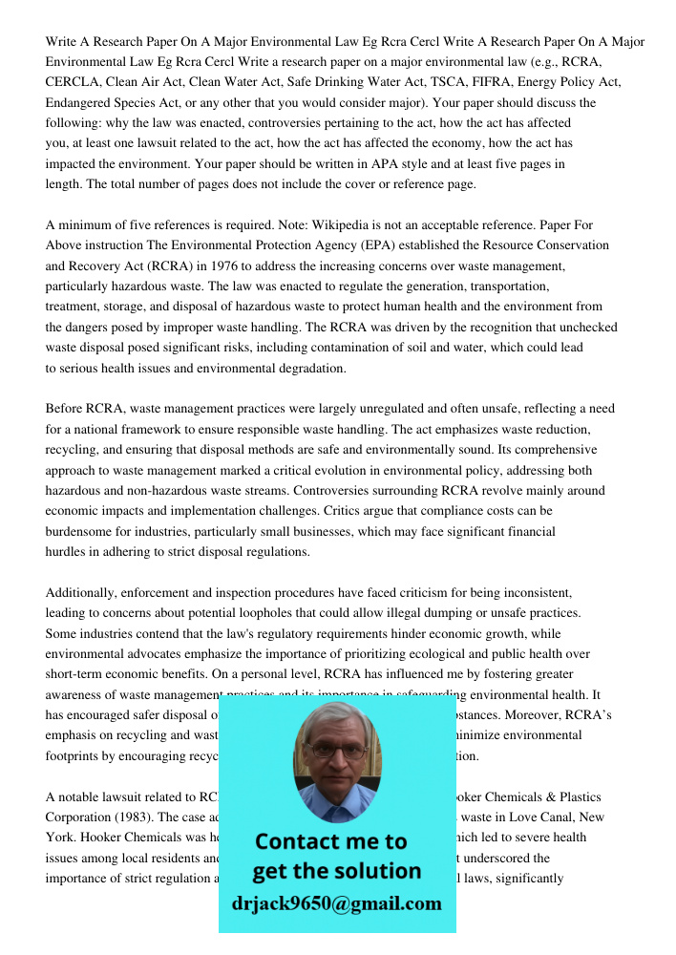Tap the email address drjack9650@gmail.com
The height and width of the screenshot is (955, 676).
click(x=336, y=902)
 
